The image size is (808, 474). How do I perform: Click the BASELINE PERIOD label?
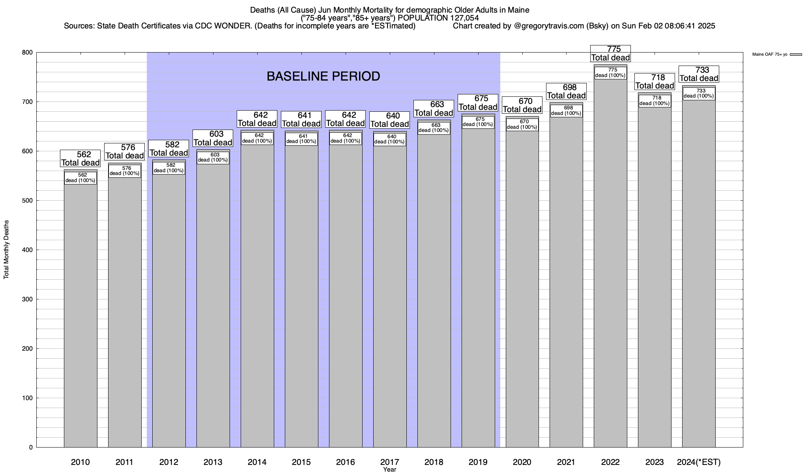323,76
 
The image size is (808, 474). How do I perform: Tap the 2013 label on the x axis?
213,462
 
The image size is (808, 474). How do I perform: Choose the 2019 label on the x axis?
478,462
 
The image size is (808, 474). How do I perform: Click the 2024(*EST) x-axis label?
699,462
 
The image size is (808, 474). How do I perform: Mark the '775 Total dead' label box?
610,53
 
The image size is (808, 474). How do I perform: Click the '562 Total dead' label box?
80,158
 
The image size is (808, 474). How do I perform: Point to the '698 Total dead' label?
566,91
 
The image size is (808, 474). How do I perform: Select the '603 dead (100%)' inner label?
213,158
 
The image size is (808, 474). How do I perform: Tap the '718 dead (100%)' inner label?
655,101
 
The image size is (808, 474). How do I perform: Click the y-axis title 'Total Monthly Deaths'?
6,249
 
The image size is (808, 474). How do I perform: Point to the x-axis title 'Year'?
389,470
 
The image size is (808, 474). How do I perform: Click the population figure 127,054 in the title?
463,18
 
